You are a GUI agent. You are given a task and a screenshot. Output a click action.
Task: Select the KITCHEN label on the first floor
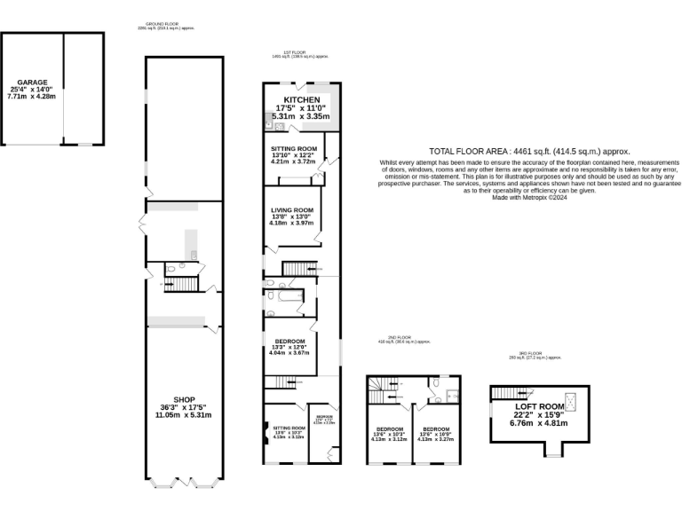(x=301, y=99)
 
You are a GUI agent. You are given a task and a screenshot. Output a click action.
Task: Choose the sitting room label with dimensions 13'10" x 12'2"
(x=294, y=148)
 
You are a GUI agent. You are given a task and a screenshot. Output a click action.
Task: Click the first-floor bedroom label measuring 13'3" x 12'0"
(x=289, y=341)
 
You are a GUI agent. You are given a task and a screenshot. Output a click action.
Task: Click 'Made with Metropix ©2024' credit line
(x=528, y=197)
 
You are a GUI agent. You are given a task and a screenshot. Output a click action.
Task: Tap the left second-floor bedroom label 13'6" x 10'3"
(x=390, y=429)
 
